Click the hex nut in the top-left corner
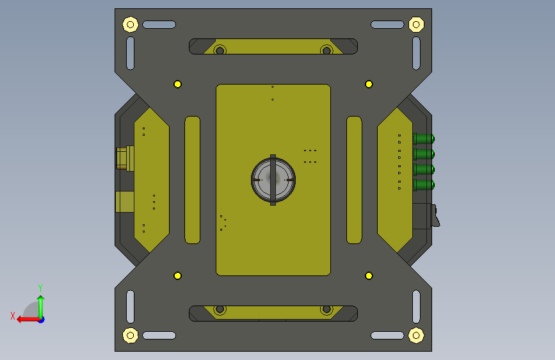130,24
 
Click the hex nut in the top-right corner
416,24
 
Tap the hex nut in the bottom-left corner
130,335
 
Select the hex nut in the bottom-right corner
416,335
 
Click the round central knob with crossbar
273,179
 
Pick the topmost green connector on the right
424,138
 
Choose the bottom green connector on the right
424,184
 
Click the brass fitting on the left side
125,158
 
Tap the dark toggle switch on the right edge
426,216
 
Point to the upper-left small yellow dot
178,84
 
